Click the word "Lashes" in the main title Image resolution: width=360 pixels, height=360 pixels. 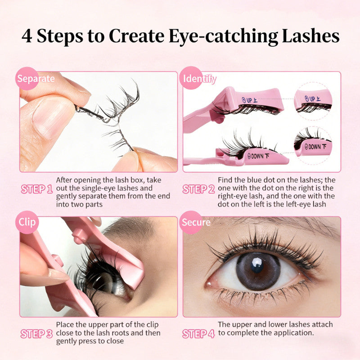[310, 36]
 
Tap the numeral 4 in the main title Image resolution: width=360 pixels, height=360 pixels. [27, 36]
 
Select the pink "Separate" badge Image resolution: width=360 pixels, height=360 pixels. [27, 78]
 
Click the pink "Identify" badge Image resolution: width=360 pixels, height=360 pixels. [191, 78]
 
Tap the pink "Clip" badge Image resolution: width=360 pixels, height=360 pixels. [27, 222]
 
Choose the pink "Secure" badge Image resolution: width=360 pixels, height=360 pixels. [191, 222]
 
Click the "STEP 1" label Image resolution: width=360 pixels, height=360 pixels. [37, 189]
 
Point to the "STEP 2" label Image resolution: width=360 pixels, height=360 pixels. [198, 189]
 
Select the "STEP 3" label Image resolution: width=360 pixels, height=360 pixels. [37, 334]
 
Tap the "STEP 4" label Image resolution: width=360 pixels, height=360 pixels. [198, 333]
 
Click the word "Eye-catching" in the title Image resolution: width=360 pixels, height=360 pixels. [223, 36]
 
